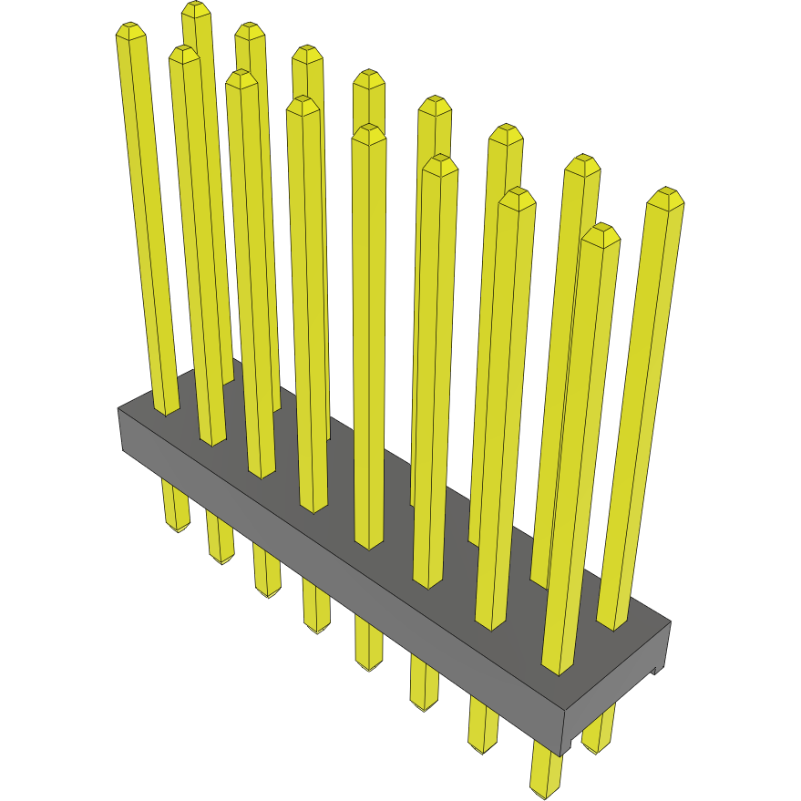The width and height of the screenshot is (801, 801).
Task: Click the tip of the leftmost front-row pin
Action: (131, 31)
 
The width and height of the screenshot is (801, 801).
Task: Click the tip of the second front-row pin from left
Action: (184, 54)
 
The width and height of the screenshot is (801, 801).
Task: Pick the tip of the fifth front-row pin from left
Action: (369, 133)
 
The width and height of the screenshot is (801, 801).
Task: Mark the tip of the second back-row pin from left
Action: (250, 30)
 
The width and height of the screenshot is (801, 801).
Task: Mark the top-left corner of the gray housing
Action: (120, 410)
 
